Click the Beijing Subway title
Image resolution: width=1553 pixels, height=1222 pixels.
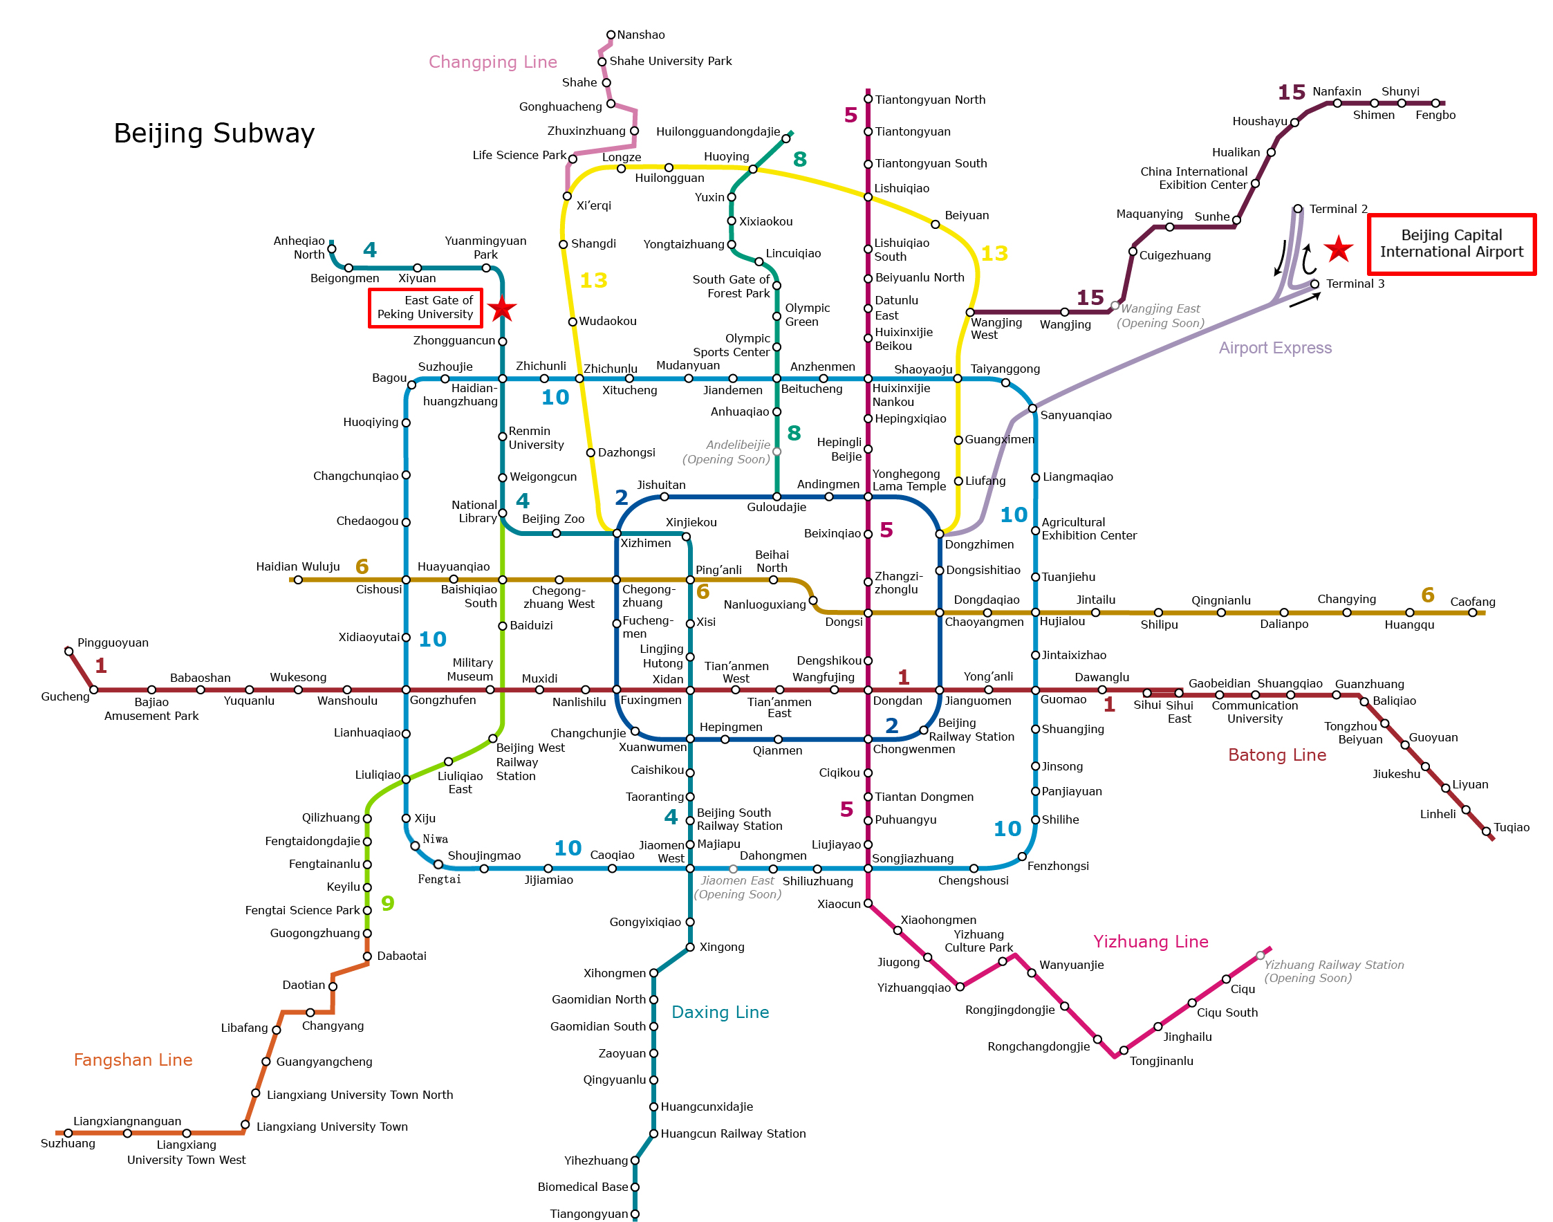[x=214, y=133]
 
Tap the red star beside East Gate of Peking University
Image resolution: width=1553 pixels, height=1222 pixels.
[x=502, y=308]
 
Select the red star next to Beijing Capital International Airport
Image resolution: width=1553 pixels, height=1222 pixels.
[x=1338, y=249]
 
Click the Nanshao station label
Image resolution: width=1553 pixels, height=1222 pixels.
[x=641, y=35]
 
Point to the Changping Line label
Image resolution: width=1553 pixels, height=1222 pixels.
[x=493, y=62]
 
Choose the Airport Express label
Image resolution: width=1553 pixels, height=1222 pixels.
[x=1275, y=348]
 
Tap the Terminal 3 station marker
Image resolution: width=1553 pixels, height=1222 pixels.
[x=1314, y=284]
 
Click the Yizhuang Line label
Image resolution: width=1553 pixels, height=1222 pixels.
[x=1151, y=941]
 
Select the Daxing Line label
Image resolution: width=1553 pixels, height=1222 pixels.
[x=720, y=1012]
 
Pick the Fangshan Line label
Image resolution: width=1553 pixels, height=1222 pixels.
[x=133, y=1060]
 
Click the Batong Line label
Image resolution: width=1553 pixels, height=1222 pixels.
[x=1277, y=755]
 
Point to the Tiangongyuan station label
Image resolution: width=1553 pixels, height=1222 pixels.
[x=588, y=1214]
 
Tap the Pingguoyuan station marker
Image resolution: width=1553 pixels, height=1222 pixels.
[x=68, y=651]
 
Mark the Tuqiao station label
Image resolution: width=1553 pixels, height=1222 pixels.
[x=1512, y=828]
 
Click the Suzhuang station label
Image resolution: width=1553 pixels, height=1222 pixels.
[x=68, y=1144]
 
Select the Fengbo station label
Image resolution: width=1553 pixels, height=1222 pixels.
[x=1435, y=115]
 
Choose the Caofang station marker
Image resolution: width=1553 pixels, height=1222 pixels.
[x=1472, y=613]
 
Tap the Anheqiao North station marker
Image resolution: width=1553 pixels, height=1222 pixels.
[x=332, y=249]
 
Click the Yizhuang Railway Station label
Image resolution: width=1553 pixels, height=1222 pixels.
[x=1333, y=972]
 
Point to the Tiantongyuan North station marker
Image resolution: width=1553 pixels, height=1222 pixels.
[x=868, y=100]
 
